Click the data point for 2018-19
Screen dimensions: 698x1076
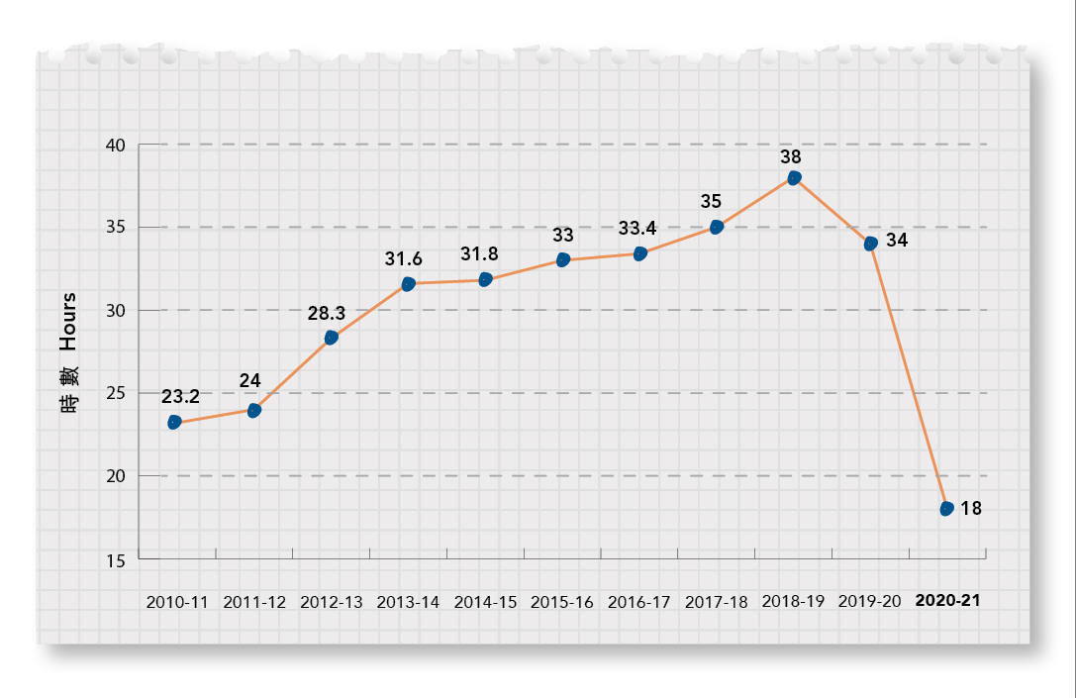pyautogui.click(x=794, y=178)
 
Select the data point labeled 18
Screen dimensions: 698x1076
pyautogui.click(x=947, y=508)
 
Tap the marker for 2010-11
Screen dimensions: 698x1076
pyautogui.click(x=174, y=423)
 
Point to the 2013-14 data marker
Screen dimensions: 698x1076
pyautogui.click(x=408, y=284)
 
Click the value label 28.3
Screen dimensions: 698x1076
pyautogui.click(x=326, y=313)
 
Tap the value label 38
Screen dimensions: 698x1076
pyautogui.click(x=790, y=156)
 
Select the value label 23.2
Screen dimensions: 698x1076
pyautogui.click(x=180, y=397)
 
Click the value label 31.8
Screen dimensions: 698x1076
pyautogui.click(x=479, y=254)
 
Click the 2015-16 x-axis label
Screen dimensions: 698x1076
pyautogui.click(x=562, y=601)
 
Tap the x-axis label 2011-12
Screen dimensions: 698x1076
pyautogui.click(x=253, y=601)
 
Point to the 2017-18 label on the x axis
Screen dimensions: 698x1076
pyautogui.click(x=716, y=601)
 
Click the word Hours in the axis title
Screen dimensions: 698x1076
pyautogui.click(x=68, y=322)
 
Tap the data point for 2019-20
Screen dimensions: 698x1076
pyautogui.click(x=871, y=244)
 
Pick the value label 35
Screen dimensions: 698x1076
pyautogui.click(x=711, y=201)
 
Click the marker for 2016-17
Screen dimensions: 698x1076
pyautogui.click(x=639, y=254)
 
